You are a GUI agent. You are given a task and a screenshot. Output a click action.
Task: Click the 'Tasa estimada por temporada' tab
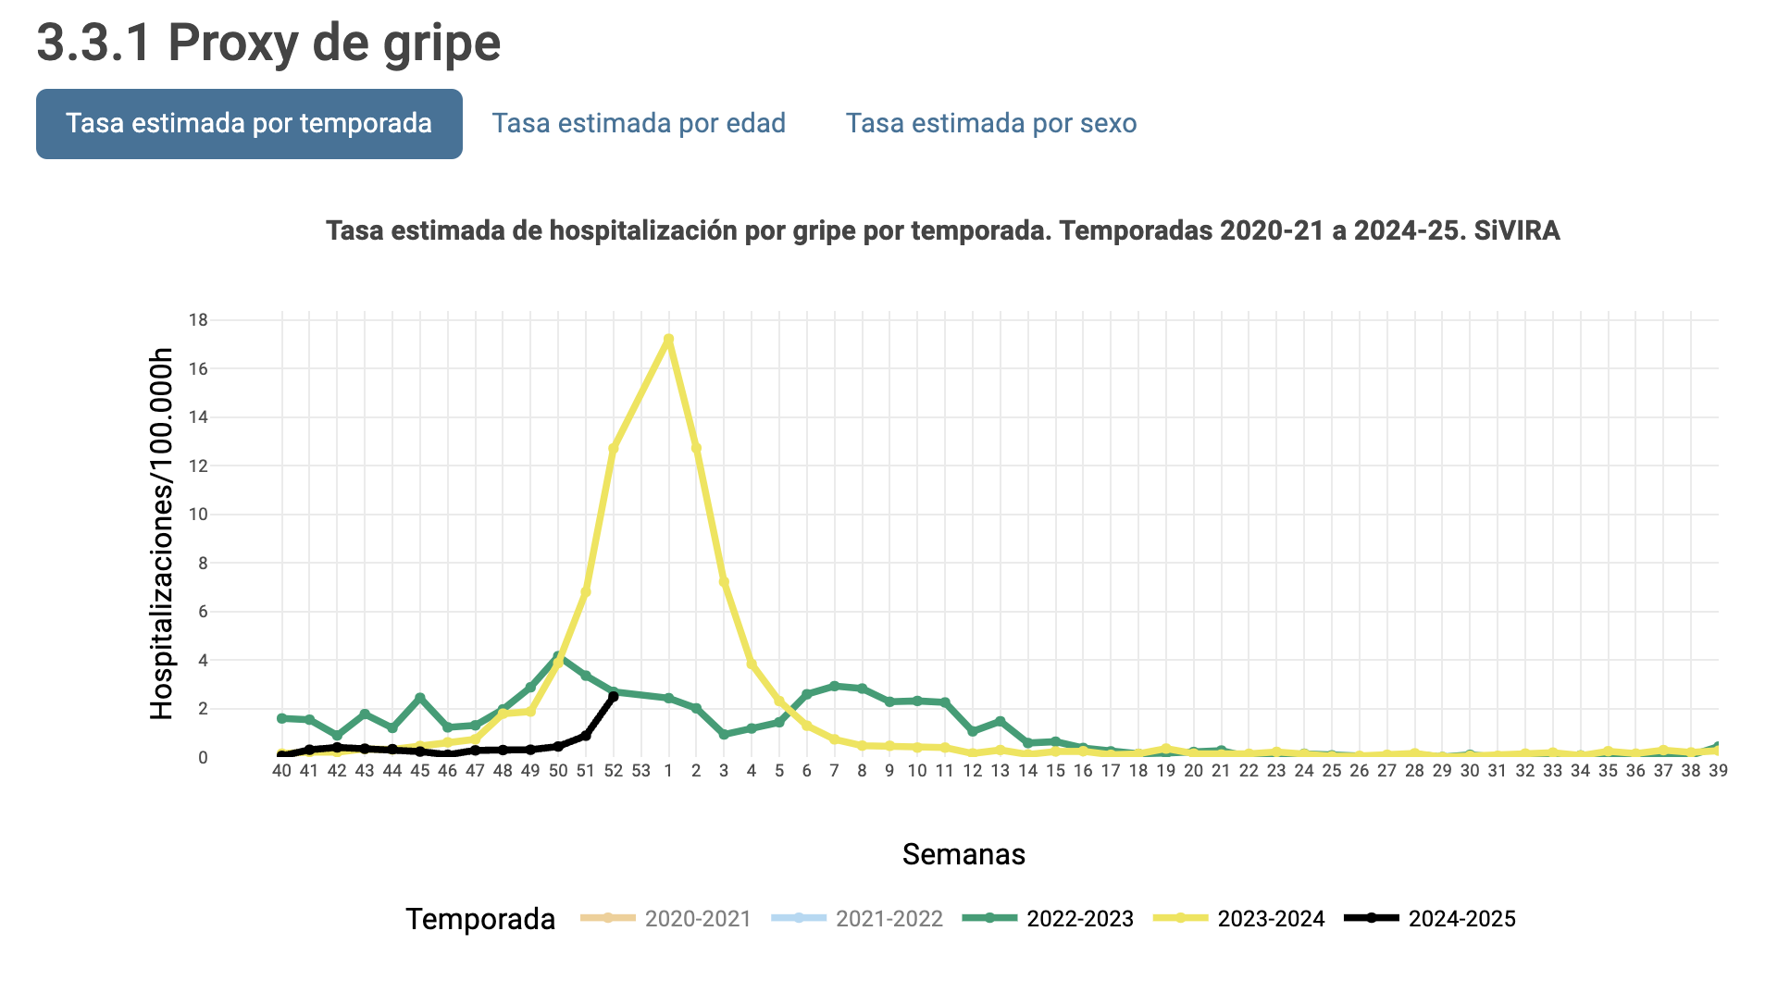[x=249, y=124]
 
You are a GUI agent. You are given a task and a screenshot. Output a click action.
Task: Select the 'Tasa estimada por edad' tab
[x=639, y=124]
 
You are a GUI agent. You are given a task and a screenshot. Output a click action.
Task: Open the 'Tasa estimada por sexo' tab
[x=990, y=124]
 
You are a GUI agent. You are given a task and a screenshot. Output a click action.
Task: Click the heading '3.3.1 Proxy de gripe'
[x=268, y=43]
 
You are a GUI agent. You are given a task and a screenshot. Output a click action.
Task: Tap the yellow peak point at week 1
[x=668, y=340]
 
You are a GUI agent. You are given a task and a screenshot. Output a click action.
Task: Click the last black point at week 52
[x=613, y=696]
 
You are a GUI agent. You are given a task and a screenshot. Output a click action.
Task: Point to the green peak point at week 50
[x=558, y=657]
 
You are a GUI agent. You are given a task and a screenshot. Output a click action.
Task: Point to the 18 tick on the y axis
[x=198, y=320]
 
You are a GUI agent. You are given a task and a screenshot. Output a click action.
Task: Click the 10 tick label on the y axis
[x=198, y=515]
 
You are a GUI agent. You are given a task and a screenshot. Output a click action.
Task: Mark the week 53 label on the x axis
[x=640, y=771]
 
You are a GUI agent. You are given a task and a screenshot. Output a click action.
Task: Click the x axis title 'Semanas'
[x=963, y=854]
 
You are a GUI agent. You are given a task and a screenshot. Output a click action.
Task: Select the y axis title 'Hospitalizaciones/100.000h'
[x=162, y=534]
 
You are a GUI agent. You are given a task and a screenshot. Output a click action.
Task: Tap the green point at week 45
[x=420, y=698]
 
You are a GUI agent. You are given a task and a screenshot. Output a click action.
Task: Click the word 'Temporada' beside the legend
[x=480, y=919]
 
